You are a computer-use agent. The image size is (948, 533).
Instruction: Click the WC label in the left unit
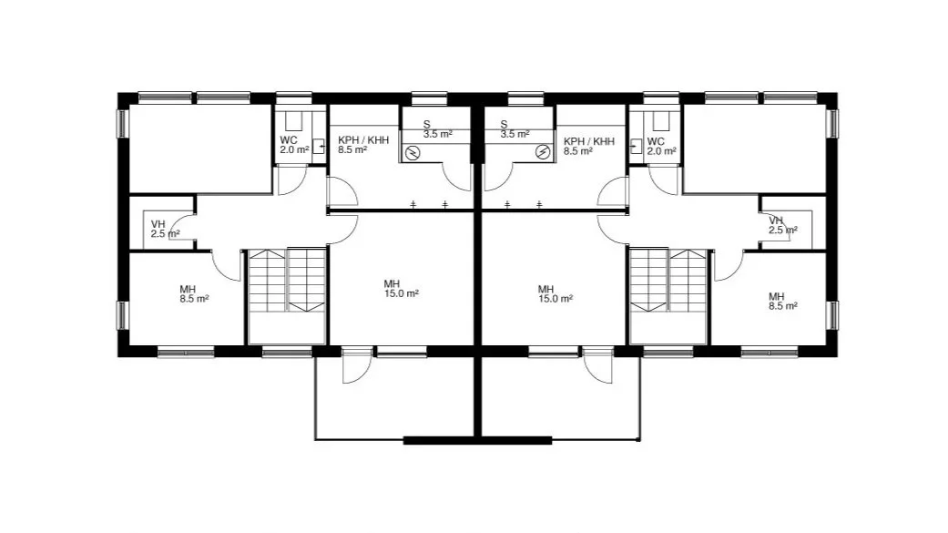[289, 139]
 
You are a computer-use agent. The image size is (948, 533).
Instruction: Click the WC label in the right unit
[656, 141]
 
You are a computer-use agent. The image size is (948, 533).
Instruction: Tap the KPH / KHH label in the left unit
[363, 139]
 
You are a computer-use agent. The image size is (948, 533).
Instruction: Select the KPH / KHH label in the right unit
[589, 141]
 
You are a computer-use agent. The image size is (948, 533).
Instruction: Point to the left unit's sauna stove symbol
[413, 153]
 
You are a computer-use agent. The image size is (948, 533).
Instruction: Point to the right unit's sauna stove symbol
[543, 152]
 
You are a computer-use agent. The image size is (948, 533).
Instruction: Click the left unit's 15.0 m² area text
[402, 293]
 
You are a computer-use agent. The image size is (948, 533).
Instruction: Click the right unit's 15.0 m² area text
[556, 299]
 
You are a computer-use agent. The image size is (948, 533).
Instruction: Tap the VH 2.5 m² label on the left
[165, 230]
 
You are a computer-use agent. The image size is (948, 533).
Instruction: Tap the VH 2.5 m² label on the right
[783, 225]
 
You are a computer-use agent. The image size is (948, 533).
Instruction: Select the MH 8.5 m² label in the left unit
[194, 294]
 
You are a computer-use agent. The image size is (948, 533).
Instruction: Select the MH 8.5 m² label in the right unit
[783, 302]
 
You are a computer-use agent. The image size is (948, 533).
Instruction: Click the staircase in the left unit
[288, 281]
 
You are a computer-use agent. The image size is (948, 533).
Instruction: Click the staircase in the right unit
[668, 281]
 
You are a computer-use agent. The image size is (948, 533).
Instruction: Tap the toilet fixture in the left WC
[293, 121]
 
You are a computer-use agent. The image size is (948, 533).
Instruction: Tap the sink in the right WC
[636, 146]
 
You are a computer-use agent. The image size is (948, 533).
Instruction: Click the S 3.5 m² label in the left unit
[437, 129]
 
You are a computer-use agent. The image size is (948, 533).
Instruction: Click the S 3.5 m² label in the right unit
[515, 129]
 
